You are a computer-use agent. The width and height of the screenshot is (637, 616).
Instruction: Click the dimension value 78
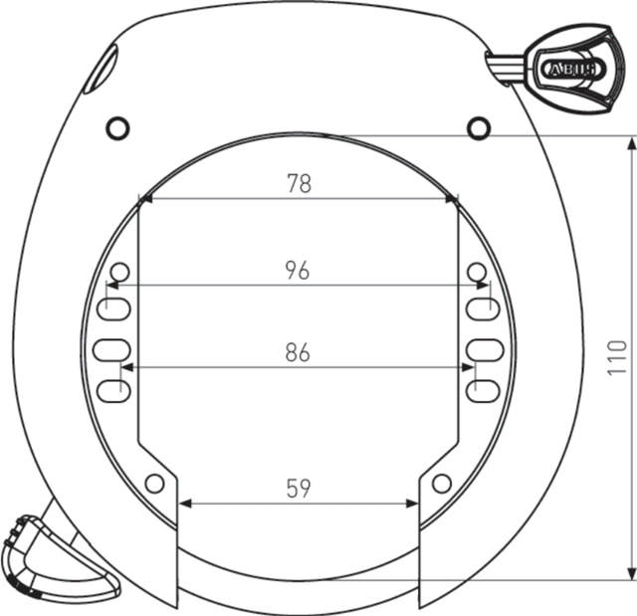click(299, 183)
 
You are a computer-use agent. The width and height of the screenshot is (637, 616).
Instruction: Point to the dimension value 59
click(299, 488)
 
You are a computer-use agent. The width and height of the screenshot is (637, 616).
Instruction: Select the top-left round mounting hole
click(117, 127)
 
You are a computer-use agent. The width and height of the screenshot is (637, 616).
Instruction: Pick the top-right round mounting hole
click(479, 126)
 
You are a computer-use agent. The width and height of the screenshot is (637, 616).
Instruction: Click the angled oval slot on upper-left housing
click(100, 73)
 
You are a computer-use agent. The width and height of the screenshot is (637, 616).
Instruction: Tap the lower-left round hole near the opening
click(154, 484)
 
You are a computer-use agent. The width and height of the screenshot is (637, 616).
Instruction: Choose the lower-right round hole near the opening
click(441, 484)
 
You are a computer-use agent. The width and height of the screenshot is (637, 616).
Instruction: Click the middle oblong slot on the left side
click(111, 349)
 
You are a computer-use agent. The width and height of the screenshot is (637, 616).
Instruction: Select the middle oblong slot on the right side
click(483, 349)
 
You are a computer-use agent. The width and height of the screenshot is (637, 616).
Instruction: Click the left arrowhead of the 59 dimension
click(183, 504)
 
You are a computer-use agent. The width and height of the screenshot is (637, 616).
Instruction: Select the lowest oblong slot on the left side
click(111, 390)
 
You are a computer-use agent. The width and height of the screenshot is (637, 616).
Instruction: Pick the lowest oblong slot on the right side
click(483, 390)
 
